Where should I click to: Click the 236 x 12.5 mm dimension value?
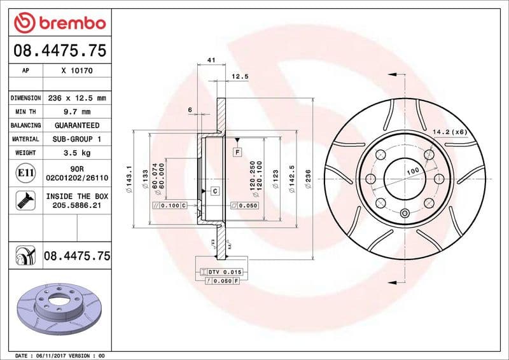(x=76, y=98)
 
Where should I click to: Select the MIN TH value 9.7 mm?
(x=76, y=112)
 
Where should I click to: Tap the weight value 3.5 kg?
(x=76, y=153)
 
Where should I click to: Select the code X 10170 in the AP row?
(x=77, y=71)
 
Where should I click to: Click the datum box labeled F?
(x=237, y=152)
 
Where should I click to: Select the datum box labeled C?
(x=214, y=191)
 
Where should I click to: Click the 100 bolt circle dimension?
(x=413, y=172)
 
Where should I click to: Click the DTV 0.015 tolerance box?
(x=220, y=272)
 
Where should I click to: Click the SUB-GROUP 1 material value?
(x=76, y=139)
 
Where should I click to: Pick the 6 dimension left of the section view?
(x=190, y=110)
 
